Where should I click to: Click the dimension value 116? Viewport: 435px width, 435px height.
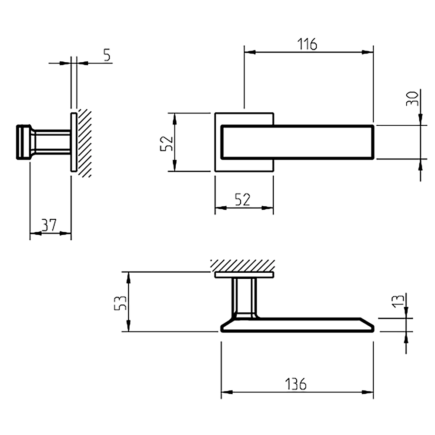307,44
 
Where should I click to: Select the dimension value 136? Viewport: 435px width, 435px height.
296,384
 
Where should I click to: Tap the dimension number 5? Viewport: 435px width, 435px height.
107,55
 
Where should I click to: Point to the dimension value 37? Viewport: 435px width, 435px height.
49,225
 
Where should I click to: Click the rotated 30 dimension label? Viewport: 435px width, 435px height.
412,98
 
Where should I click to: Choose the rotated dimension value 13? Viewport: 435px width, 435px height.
398,301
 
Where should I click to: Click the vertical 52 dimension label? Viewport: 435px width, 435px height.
167,144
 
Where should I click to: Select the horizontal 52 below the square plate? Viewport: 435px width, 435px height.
242,200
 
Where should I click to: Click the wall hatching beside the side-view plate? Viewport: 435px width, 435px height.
84,143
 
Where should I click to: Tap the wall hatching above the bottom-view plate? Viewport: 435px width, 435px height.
243,265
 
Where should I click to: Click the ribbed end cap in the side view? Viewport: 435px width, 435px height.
24,142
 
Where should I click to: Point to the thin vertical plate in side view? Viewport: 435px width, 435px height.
74,142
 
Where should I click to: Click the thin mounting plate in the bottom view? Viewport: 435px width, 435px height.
244,274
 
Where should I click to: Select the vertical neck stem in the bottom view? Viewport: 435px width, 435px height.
244,298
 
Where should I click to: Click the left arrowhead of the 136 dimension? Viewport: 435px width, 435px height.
227,392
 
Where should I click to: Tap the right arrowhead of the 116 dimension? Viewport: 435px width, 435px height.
368,52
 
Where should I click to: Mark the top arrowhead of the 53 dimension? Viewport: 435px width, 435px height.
128,278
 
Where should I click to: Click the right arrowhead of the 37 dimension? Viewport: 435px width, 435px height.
66,233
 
